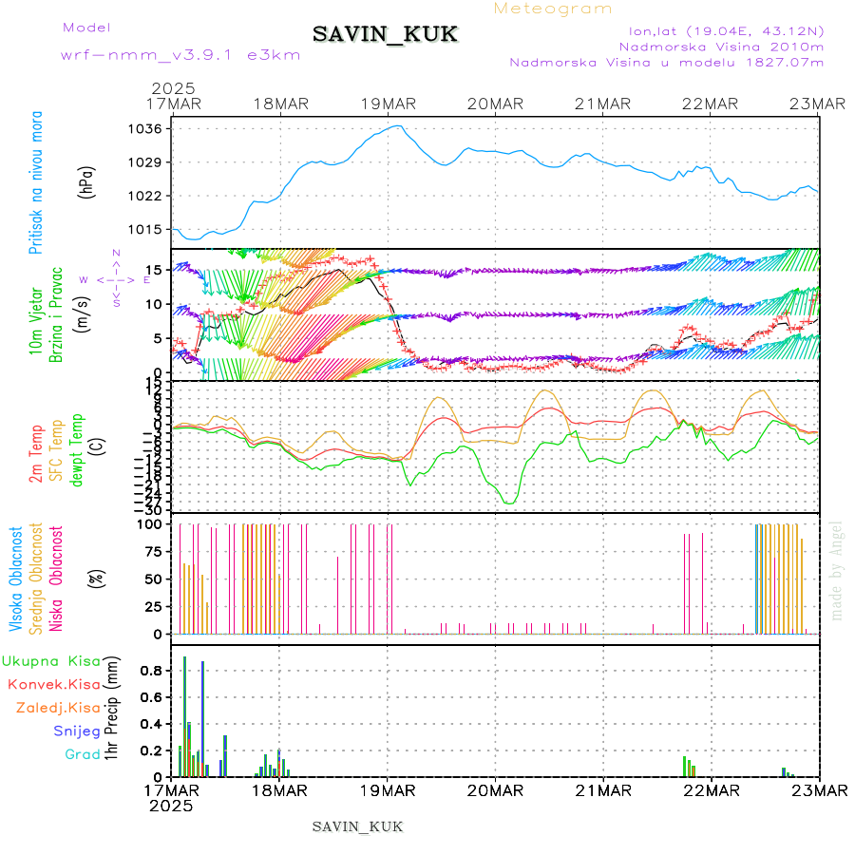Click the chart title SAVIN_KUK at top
[x=385, y=35]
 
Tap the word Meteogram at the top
[x=554, y=9]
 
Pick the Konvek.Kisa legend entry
[x=53, y=684]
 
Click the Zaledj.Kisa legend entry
[x=59, y=708]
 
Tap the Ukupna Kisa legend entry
[x=51, y=661]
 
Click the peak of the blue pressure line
[x=399, y=125]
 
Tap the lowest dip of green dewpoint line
[x=509, y=503]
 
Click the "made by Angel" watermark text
[x=836, y=570]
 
